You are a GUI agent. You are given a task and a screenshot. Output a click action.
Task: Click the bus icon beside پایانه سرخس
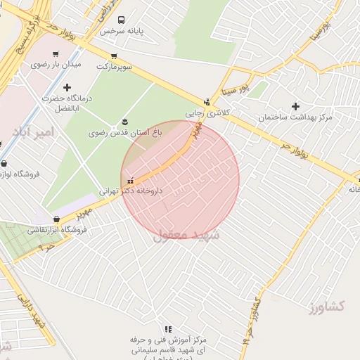coord(122,20)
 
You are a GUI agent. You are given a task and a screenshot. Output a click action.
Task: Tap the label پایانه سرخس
coord(121,32)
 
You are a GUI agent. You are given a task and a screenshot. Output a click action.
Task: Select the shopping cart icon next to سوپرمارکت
coord(113,56)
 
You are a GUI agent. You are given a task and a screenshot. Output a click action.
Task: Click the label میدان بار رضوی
coord(56,64)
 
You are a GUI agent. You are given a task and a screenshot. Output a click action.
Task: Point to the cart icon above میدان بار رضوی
coord(56,53)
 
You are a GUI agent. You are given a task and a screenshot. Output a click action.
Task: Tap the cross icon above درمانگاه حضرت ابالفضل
coord(67,87)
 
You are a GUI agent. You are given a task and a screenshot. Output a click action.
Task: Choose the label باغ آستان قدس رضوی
coord(125,132)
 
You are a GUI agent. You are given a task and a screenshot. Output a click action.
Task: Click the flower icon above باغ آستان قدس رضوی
coord(125,122)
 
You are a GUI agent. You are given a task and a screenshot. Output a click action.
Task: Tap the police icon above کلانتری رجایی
coord(206,101)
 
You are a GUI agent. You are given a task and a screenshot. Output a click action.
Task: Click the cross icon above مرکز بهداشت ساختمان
coord(295,106)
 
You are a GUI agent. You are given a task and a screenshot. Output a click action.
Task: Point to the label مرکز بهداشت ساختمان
coord(295,117)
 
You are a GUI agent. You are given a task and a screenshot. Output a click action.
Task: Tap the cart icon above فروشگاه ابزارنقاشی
coord(56,219)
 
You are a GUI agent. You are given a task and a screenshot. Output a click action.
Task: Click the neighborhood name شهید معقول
coord(186,235)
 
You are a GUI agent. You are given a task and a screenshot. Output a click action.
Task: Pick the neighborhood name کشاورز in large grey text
coord(326,306)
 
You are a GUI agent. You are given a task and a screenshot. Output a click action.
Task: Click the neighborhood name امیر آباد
coord(32,132)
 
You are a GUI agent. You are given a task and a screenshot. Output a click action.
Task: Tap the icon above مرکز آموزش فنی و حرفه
coord(167,329)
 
